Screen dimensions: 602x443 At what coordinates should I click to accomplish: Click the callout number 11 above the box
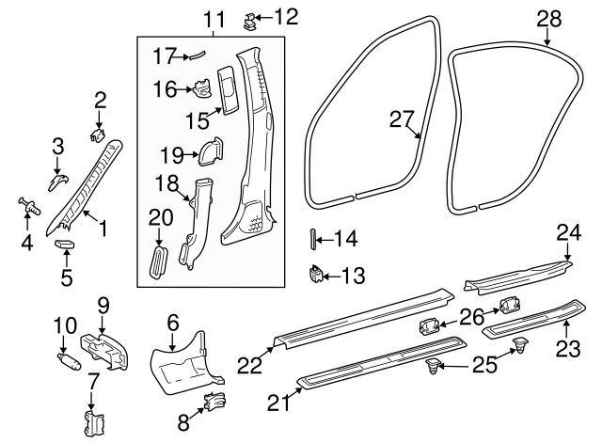pos(214,19)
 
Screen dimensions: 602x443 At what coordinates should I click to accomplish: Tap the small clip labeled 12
pos(250,21)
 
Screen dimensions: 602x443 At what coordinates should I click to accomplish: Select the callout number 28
pos(549,19)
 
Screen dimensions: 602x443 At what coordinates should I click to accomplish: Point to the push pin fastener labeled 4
pos(29,206)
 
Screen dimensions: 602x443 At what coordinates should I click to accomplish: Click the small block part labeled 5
pos(65,244)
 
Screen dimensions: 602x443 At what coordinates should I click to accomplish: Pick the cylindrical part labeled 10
pos(69,361)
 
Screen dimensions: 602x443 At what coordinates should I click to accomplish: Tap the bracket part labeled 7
pos(95,422)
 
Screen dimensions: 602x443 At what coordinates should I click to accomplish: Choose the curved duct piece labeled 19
pos(211,152)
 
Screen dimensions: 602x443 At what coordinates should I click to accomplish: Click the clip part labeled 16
pos(201,88)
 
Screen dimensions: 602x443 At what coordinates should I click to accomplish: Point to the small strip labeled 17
pos(196,55)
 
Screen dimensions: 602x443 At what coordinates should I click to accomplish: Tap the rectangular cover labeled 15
pos(228,90)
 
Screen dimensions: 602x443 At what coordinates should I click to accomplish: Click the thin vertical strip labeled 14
pos(312,239)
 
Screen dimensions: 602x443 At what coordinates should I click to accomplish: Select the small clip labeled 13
pos(317,274)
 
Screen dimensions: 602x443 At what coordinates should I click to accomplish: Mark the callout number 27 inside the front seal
pos(402,119)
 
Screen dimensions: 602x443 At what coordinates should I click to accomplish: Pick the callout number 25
pos(484,364)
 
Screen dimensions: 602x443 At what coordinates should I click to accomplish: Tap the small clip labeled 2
pos(98,134)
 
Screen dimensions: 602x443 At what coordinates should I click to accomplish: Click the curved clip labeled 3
pos(58,182)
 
